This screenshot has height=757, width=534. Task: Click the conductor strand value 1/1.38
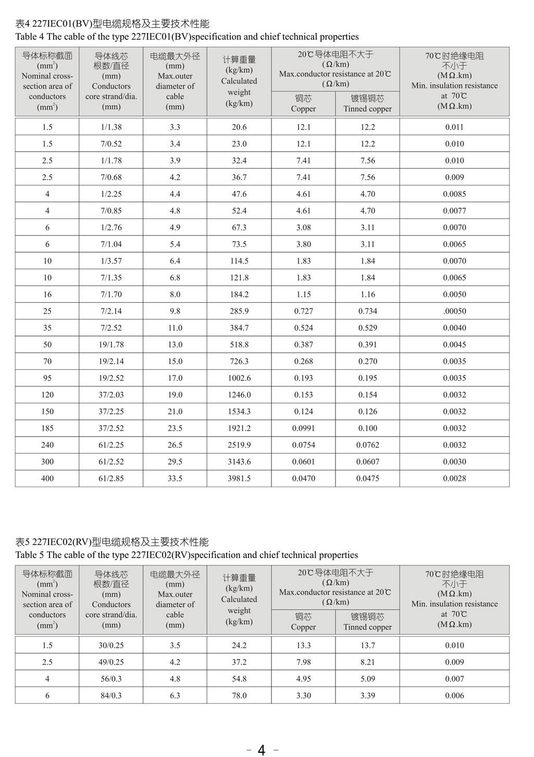click(x=111, y=127)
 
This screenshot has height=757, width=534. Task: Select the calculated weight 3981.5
click(x=239, y=478)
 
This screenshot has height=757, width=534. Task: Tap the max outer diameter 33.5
click(x=175, y=478)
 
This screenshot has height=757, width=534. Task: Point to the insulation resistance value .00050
click(x=454, y=311)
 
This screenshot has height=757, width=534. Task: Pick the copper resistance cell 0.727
click(x=303, y=311)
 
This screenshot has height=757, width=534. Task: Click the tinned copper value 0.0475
click(x=367, y=478)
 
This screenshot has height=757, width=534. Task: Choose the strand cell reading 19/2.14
click(x=111, y=361)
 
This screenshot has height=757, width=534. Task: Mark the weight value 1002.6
click(x=239, y=378)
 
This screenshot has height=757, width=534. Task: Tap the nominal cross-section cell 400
click(x=47, y=478)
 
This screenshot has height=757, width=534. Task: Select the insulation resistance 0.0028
click(x=454, y=478)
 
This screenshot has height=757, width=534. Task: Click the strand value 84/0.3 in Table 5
click(x=111, y=696)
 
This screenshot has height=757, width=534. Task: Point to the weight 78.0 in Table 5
click(x=239, y=696)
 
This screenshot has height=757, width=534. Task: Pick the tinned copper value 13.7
click(x=367, y=646)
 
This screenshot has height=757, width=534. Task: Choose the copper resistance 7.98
click(x=303, y=662)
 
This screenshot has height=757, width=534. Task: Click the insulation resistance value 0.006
click(x=454, y=696)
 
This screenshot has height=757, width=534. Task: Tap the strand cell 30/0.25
click(x=111, y=646)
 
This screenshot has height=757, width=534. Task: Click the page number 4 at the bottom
click(x=262, y=750)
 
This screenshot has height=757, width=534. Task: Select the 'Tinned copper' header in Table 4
click(x=367, y=109)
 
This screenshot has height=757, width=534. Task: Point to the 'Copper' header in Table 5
click(x=303, y=627)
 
